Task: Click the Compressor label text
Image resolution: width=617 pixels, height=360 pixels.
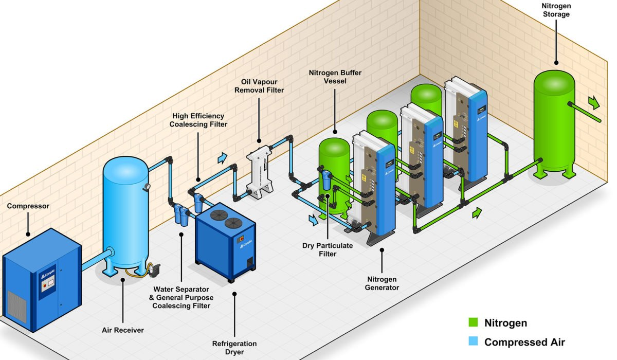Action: [28, 206]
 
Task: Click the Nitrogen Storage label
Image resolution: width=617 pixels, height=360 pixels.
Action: [556, 10]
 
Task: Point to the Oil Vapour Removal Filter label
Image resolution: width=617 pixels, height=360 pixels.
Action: [259, 86]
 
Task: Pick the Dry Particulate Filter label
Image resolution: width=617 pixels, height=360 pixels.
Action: [327, 249]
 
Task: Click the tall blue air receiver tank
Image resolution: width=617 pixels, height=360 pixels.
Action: [125, 211]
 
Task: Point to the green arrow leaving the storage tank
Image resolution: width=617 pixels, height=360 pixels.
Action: [594, 102]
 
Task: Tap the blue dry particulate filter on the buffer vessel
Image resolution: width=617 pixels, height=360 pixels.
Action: [326, 180]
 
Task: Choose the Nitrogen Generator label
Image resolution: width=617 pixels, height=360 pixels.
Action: [382, 283]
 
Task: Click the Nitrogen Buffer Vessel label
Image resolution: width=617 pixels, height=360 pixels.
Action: [335, 77]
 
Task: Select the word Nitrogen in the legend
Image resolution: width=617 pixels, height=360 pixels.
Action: [505, 323]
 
